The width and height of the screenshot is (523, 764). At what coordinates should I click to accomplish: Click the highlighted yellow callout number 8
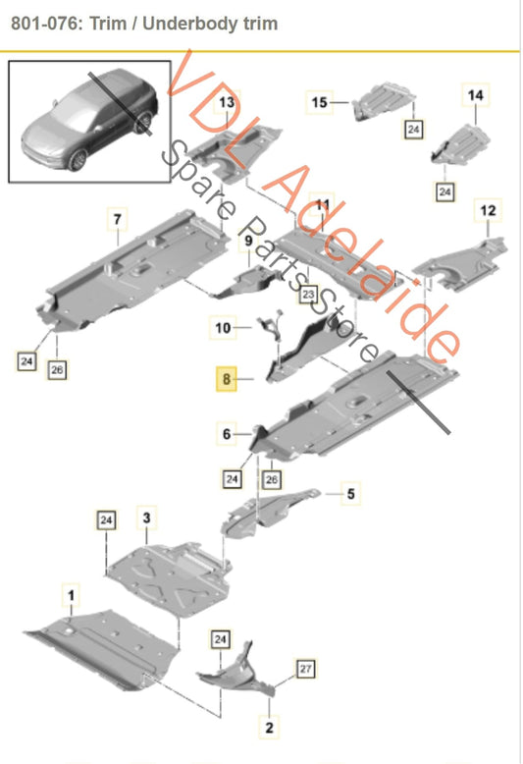click(227, 379)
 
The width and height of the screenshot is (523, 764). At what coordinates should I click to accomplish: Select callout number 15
click(319, 102)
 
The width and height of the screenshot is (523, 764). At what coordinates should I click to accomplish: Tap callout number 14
click(475, 95)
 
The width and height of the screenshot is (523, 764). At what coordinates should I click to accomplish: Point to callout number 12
click(488, 210)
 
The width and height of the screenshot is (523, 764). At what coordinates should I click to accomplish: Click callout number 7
click(117, 219)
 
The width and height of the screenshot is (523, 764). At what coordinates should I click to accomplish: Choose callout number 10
click(223, 327)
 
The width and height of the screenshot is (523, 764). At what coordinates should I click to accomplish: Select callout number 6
click(227, 434)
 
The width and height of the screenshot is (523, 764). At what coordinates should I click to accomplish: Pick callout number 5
click(350, 494)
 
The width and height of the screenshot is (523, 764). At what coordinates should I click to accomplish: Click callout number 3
click(146, 518)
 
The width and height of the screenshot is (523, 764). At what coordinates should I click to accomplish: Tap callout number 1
click(71, 595)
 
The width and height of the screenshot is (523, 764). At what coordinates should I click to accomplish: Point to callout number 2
click(269, 728)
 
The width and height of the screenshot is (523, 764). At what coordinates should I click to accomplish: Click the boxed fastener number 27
click(305, 669)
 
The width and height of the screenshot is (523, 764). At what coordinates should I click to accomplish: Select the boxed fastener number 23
click(308, 295)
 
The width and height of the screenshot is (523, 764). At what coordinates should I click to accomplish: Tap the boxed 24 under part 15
click(413, 129)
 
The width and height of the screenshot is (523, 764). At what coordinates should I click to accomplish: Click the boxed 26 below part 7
click(57, 370)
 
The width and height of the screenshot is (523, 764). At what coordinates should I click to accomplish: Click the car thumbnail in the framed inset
click(90, 120)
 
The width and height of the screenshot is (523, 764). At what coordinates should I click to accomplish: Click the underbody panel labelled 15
click(384, 101)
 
